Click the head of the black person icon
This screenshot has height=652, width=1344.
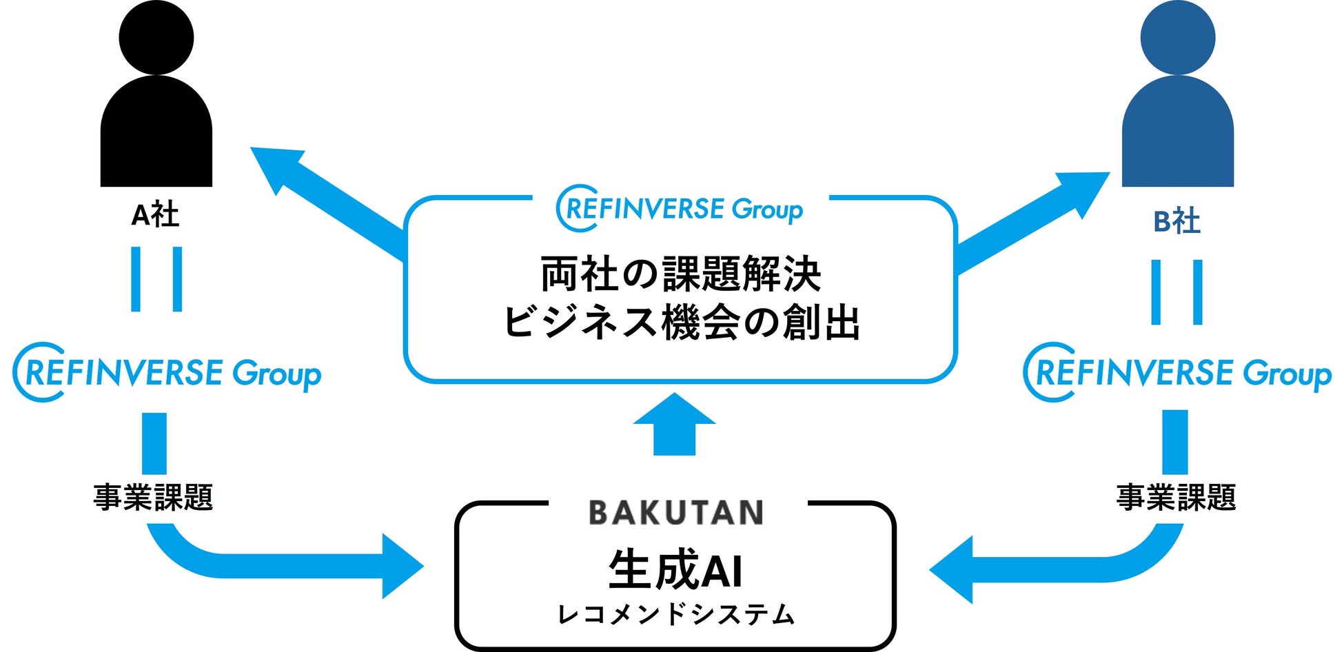156,38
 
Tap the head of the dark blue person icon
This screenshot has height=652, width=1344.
1177,38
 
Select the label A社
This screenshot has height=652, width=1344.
155,216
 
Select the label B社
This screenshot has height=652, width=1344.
1177,222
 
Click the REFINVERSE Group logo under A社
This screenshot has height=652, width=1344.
167,373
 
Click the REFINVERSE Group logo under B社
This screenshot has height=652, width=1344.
1177,373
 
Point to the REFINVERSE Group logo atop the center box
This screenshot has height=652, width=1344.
680,208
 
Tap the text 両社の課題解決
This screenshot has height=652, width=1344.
681,274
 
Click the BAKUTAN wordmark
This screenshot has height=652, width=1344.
675,513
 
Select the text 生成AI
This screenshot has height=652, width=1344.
675,570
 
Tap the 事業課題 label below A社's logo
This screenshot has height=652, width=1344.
153,498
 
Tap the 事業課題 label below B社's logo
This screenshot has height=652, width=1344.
1176,498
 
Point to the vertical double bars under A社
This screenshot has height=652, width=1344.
156,279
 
